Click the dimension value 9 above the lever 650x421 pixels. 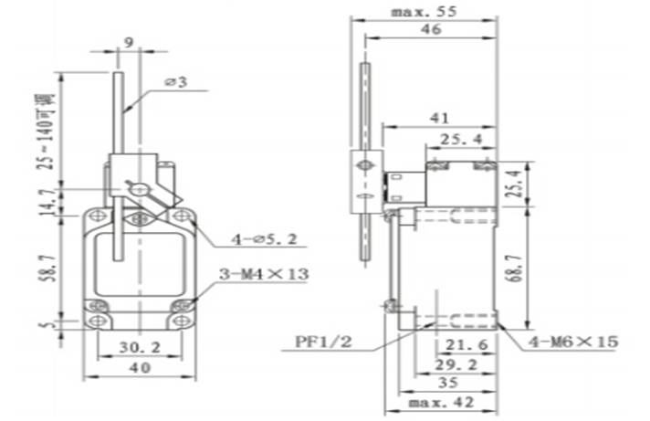point(128,42)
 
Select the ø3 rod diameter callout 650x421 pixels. point(176,82)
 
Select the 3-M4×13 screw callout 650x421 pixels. point(262,274)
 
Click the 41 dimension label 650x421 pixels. point(438,118)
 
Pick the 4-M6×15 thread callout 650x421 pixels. point(572,342)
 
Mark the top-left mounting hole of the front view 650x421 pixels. point(98,216)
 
